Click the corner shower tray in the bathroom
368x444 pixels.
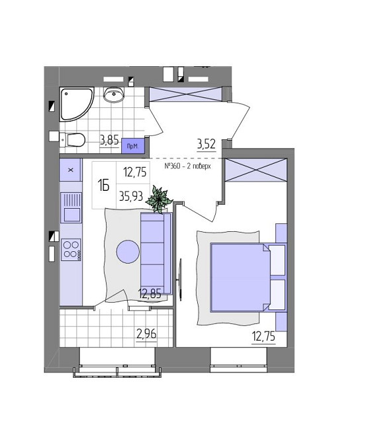click(x=74, y=103)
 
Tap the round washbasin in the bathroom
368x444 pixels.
click(x=114, y=94)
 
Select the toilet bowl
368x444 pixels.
click(x=74, y=140)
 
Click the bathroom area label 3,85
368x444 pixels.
click(x=109, y=140)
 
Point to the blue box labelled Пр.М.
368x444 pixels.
click(x=133, y=146)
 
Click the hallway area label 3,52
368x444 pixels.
click(x=207, y=144)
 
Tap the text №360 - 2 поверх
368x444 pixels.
click(x=187, y=166)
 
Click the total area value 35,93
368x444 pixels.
click(x=131, y=196)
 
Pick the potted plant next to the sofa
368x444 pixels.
click(x=159, y=199)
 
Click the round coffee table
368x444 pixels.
click(x=128, y=252)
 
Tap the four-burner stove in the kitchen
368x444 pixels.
click(x=71, y=250)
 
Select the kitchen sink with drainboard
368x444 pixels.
click(x=71, y=207)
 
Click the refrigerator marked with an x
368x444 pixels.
click(x=71, y=170)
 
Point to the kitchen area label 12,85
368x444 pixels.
click(x=150, y=294)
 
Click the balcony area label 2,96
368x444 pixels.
click(x=146, y=335)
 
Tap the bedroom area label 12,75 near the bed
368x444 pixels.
click(x=263, y=337)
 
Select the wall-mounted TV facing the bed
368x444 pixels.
click(x=180, y=279)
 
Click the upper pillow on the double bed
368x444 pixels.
click(x=277, y=260)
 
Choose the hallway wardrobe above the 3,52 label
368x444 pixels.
click(x=185, y=94)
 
